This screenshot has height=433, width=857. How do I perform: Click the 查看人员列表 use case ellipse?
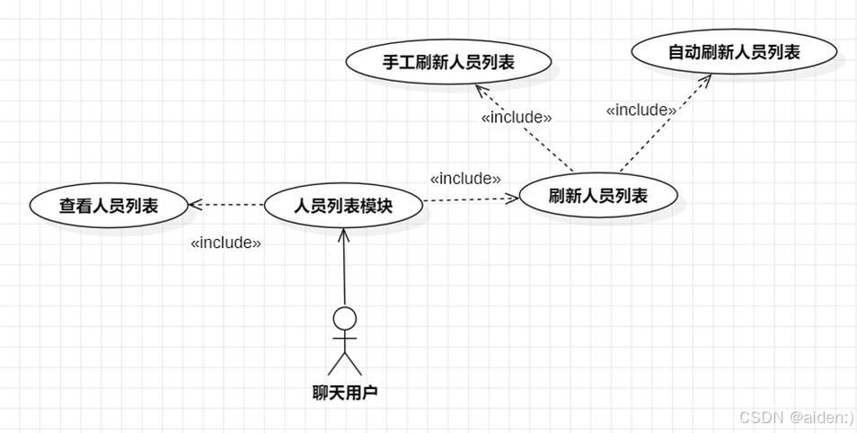point(109,205)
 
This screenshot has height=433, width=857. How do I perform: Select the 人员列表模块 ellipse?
point(344,205)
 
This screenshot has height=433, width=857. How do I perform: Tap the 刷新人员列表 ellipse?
point(597,195)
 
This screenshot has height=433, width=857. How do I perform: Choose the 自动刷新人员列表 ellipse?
point(734,52)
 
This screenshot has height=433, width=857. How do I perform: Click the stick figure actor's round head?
point(344,317)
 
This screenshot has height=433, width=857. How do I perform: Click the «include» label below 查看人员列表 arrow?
point(225,243)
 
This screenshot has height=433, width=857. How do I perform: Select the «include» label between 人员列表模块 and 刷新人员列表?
point(465,179)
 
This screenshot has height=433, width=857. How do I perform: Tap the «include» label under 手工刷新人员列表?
point(517,118)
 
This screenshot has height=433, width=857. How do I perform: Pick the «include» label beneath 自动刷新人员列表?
point(641,110)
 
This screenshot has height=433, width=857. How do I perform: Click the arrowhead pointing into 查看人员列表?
point(194,205)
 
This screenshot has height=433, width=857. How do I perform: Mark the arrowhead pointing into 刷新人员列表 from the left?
point(513,198)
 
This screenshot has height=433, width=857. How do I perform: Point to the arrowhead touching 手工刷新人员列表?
point(480,90)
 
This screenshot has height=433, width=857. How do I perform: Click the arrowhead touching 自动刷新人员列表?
point(705,80)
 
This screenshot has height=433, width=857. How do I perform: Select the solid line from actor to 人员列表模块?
point(344,270)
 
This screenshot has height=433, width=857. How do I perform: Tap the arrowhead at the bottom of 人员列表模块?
point(343,234)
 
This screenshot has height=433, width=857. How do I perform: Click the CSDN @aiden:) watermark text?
point(796,418)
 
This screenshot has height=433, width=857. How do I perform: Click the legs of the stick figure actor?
point(344,364)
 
